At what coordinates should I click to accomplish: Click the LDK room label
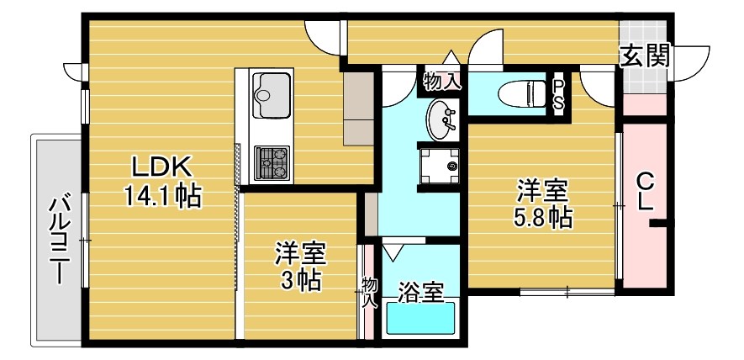[161, 165]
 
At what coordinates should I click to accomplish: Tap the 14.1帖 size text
[161, 196]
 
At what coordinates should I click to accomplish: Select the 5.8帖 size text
[543, 217]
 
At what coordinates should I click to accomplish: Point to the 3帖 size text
[301, 280]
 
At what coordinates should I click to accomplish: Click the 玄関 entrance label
[645, 56]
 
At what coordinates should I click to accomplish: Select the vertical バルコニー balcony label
[58, 240]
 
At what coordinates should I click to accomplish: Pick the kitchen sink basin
[272, 87]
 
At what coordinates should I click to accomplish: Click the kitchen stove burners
[272, 162]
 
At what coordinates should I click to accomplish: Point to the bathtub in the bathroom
[419, 320]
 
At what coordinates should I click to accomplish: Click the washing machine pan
[440, 165]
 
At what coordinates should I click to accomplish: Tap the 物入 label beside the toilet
[441, 82]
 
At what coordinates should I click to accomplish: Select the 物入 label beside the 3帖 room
[369, 292]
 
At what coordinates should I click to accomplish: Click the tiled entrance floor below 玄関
[645, 82]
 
